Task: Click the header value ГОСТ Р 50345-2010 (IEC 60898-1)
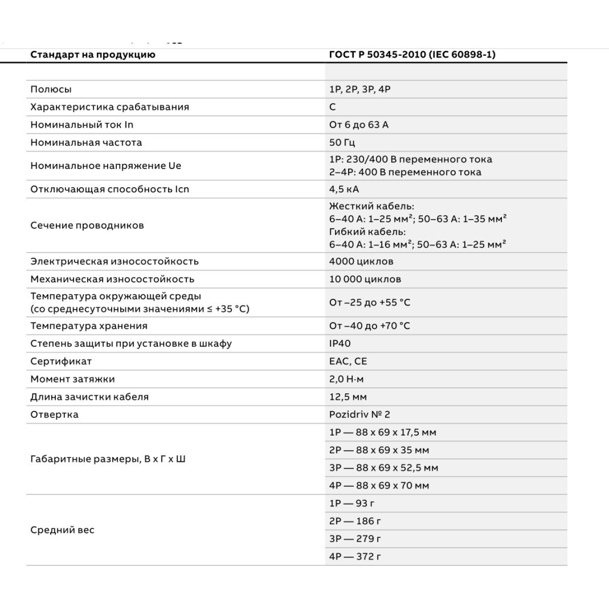coord(412,55)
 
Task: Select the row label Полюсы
coord(51,89)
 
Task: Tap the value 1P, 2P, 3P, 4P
coord(360,89)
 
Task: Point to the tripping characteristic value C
coord(332,107)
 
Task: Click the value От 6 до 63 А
coord(359,125)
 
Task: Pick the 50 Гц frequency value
coord(342,143)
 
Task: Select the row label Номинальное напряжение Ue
coord(106,166)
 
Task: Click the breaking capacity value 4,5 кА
coord(344,189)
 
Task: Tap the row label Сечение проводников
coord(87,225)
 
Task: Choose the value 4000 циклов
coord(361,262)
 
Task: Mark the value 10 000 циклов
coord(365,279)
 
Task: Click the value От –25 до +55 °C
coord(369,302)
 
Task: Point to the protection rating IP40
coord(340,344)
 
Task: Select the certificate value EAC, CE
coord(348,361)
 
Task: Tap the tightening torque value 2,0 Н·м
coord(347,379)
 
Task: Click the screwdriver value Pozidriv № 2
coord(360,415)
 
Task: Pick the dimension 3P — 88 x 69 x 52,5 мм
coord(384,468)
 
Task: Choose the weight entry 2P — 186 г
coord(355,521)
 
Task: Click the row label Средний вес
coord(62,530)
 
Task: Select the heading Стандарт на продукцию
coord(93,55)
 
